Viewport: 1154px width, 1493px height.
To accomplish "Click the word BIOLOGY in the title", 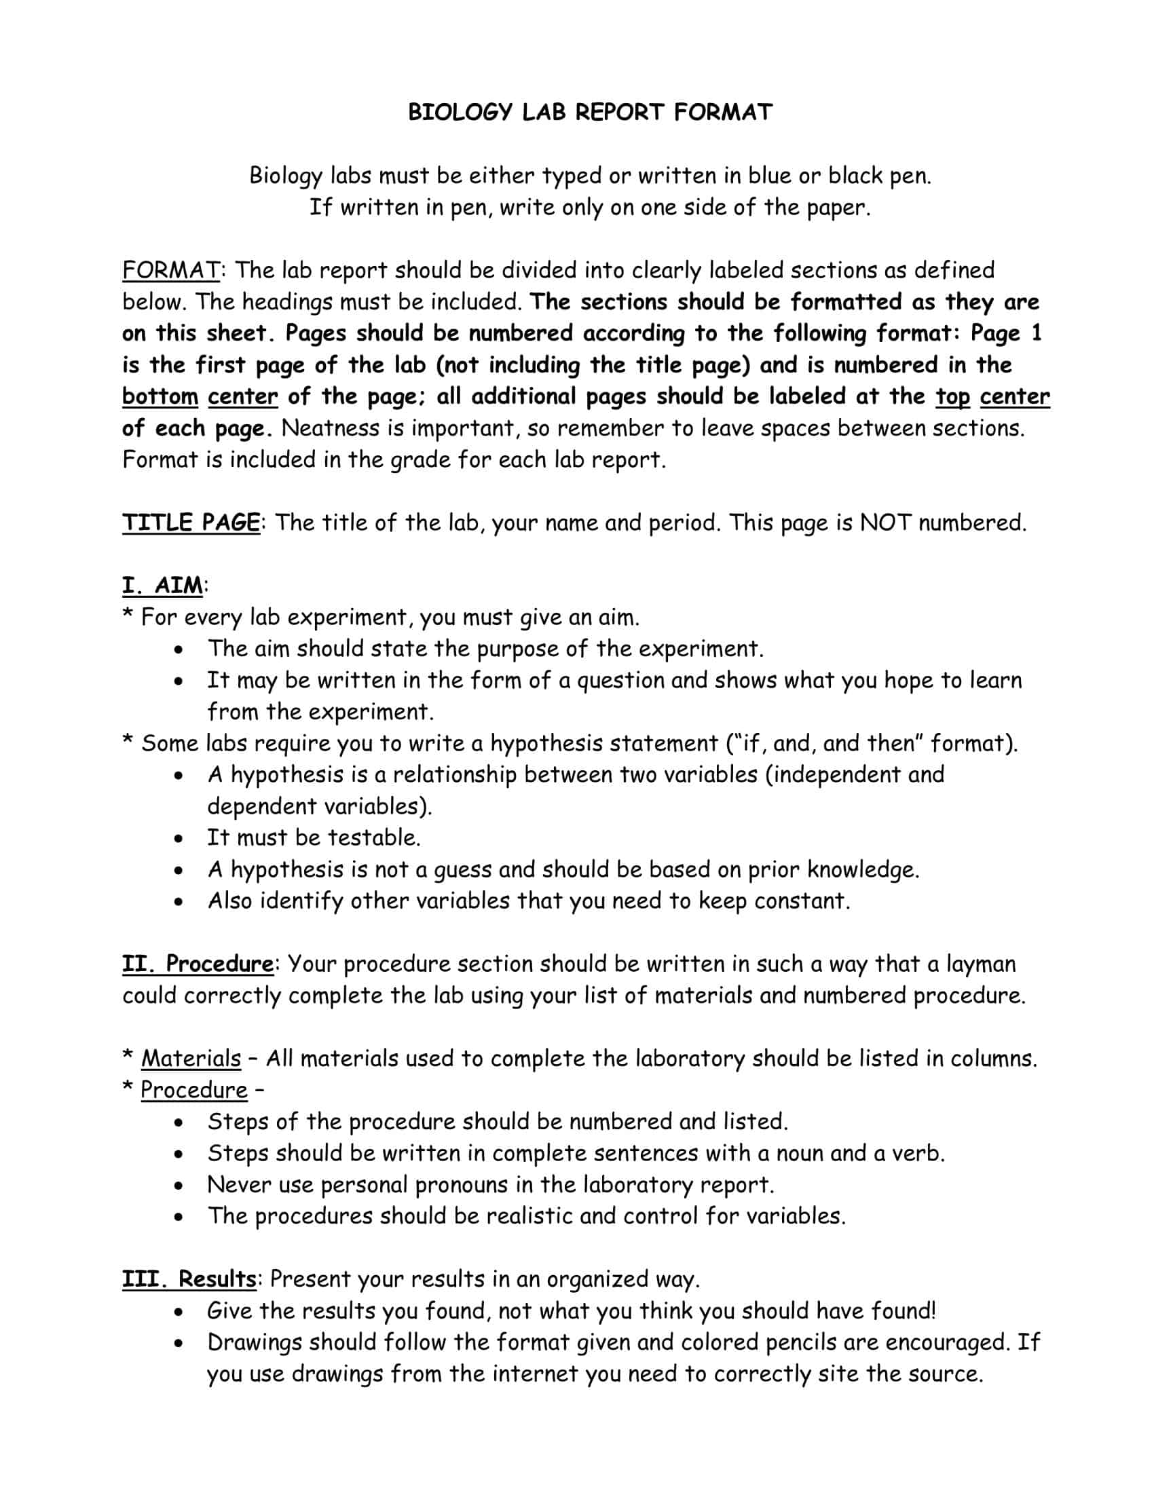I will pos(460,112).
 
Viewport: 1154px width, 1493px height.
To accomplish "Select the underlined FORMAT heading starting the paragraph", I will pos(171,270).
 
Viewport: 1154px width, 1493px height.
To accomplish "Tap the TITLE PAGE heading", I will pos(191,523).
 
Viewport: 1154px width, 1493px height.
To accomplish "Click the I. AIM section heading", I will pos(163,586).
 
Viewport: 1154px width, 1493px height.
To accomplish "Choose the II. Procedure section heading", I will pos(198,964).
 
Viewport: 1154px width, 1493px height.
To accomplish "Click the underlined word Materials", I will pos(191,1058).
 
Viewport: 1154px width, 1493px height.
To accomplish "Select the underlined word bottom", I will pos(160,396).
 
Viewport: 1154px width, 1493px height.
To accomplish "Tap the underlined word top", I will pos(953,396).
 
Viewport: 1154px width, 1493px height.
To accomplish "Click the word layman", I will pos(981,964).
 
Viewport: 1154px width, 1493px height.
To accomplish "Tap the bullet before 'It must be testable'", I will pos(179,839).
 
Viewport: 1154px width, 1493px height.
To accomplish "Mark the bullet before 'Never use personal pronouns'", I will pos(179,1186).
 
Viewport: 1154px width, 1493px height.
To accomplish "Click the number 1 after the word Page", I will pos(1036,334).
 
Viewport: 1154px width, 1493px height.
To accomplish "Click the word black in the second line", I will pos(855,176).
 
